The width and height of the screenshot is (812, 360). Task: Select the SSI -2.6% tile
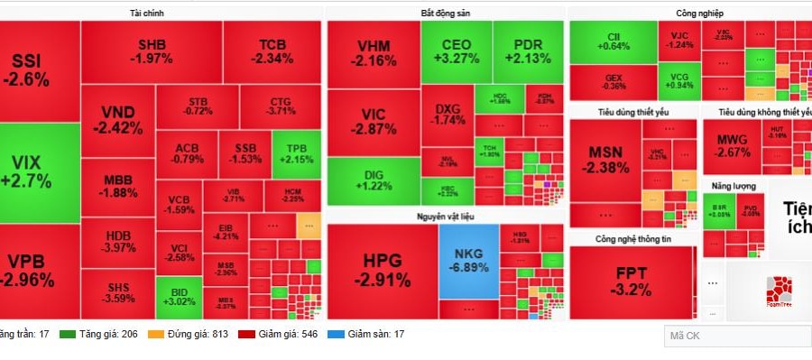[x=32, y=70]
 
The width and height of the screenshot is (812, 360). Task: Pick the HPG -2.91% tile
[x=382, y=270]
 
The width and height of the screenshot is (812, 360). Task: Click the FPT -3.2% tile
[x=632, y=281]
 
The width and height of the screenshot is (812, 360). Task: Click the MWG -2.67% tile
[x=734, y=145]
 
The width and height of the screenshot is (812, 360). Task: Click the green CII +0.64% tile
[x=613, y=41]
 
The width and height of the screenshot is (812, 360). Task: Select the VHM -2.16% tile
[x=373, y=53]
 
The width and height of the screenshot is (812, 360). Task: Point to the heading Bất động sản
[x=445, y=14]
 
